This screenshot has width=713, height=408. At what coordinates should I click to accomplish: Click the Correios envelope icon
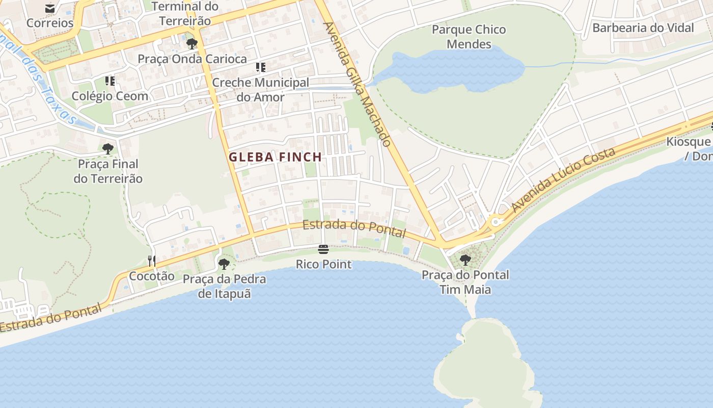(x=50, y=8)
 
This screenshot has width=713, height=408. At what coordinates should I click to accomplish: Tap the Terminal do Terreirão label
(x=185, y=14)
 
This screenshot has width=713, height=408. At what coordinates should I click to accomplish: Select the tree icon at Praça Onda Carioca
(x=192, y=44)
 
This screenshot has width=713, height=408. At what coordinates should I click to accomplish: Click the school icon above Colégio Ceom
(x=110, y=81)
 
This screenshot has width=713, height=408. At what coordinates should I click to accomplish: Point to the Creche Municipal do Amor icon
(x=261, y=67)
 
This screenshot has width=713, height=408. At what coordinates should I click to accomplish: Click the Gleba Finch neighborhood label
(x=275, y=157)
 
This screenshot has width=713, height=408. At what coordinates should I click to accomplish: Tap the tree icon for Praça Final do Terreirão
(x=108, y=149)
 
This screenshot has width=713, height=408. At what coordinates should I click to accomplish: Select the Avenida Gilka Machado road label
(x=358, y=84)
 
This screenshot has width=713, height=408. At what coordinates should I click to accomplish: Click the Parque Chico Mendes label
(x=469, y=37)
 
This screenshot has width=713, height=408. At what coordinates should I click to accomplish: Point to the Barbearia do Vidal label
(x=643, y=28)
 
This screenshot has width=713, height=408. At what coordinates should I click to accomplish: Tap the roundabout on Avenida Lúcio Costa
(x=495, y=222)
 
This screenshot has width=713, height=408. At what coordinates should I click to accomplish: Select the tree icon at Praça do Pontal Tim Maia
(x=465, y=260)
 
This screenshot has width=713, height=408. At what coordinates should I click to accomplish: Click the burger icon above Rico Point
(x=323, y=249)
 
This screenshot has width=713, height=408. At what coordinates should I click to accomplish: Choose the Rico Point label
(x=324, y=264)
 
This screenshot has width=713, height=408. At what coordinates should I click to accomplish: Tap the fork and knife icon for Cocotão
(x=151, y=261)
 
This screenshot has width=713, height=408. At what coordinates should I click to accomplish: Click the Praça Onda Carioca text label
(x=192, y=59)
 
